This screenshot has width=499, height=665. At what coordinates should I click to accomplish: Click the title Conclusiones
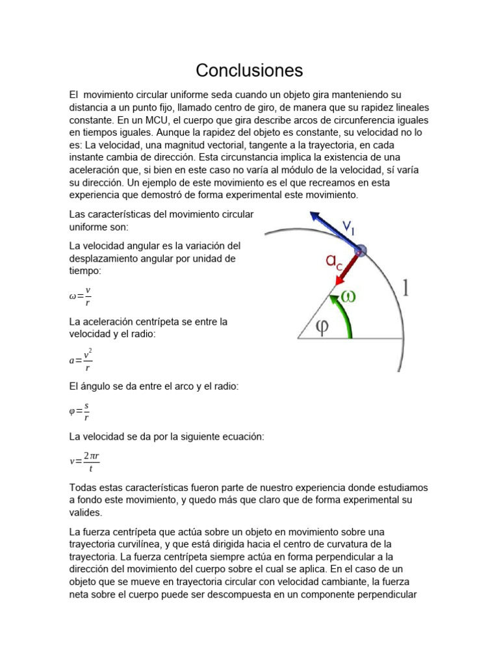pos(249,69)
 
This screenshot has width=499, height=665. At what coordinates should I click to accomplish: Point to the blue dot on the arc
pos(361,250)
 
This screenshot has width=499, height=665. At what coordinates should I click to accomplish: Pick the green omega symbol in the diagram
pos(349,296)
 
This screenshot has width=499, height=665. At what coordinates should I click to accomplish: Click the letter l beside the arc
pos(406,288)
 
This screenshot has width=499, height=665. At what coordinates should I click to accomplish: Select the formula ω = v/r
pos(80,296)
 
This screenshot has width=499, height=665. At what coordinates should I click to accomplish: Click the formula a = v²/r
pos(81,360)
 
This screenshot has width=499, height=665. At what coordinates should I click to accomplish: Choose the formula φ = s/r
pos(79,411)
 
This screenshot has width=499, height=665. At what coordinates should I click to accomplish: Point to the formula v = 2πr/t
pos(84,461)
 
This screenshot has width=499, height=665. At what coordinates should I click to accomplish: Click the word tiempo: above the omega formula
pos(85,270)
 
